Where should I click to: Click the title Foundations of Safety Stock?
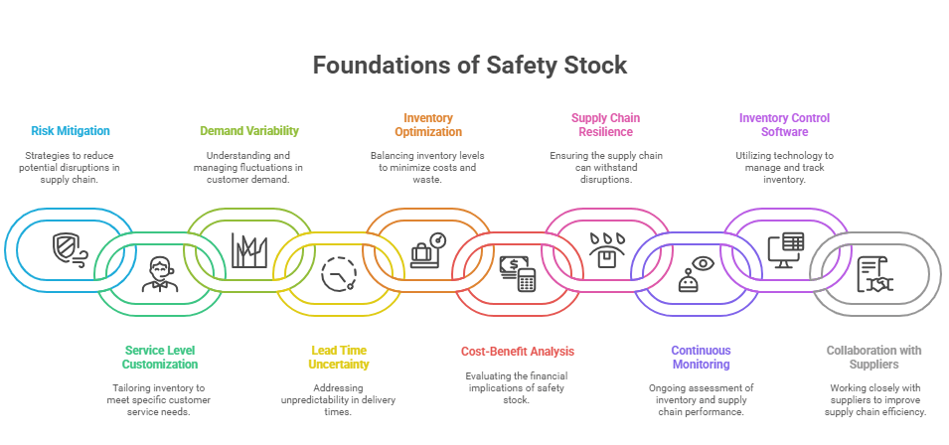(470, 67)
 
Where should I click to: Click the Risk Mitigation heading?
(70, 130)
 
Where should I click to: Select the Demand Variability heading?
(248, 130)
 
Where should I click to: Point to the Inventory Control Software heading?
(783, 124)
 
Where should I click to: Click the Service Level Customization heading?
(160, 357)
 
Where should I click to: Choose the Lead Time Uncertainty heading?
(338, 357)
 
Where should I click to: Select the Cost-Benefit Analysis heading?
(517, 351)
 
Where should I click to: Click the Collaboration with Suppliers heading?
(874, 357)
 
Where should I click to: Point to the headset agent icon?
(159, 272)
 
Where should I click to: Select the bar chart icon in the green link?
(249, 248)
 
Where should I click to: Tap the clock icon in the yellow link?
(339, 271)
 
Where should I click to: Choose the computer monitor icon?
(786, 249)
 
